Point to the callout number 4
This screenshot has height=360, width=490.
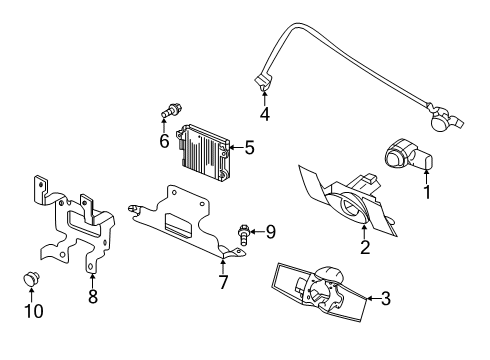(x=264, y=114)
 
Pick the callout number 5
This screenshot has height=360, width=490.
(x=249, y=148)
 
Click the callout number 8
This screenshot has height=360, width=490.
(x=93, y=296)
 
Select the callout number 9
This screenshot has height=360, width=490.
(x=269, y=232)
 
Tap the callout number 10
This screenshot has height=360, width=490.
(x=35, y=310)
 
